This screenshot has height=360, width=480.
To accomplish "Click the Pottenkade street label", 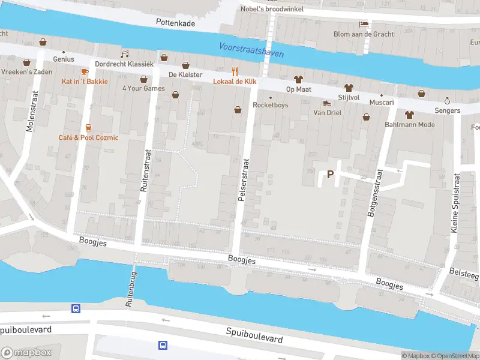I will [176, 22].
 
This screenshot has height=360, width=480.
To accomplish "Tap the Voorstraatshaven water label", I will [251, 50].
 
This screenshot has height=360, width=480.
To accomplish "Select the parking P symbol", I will [329, 175].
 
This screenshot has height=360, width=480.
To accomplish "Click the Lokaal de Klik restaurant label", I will [236, 81].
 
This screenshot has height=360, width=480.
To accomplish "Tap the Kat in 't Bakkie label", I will [85, 81].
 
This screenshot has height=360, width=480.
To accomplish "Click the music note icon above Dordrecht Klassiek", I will [125, 53].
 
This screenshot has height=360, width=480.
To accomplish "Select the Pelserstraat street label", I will [244, 179].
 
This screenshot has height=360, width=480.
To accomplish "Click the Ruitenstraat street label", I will [144, 170].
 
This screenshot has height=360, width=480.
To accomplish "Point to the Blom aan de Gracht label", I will [364, 34].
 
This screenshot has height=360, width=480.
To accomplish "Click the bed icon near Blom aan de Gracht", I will [364, 24].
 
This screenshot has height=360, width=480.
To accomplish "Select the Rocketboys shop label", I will [270, 105].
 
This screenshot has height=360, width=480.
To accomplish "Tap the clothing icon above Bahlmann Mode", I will [410, 114].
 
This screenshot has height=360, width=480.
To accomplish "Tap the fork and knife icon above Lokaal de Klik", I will [235, 71].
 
